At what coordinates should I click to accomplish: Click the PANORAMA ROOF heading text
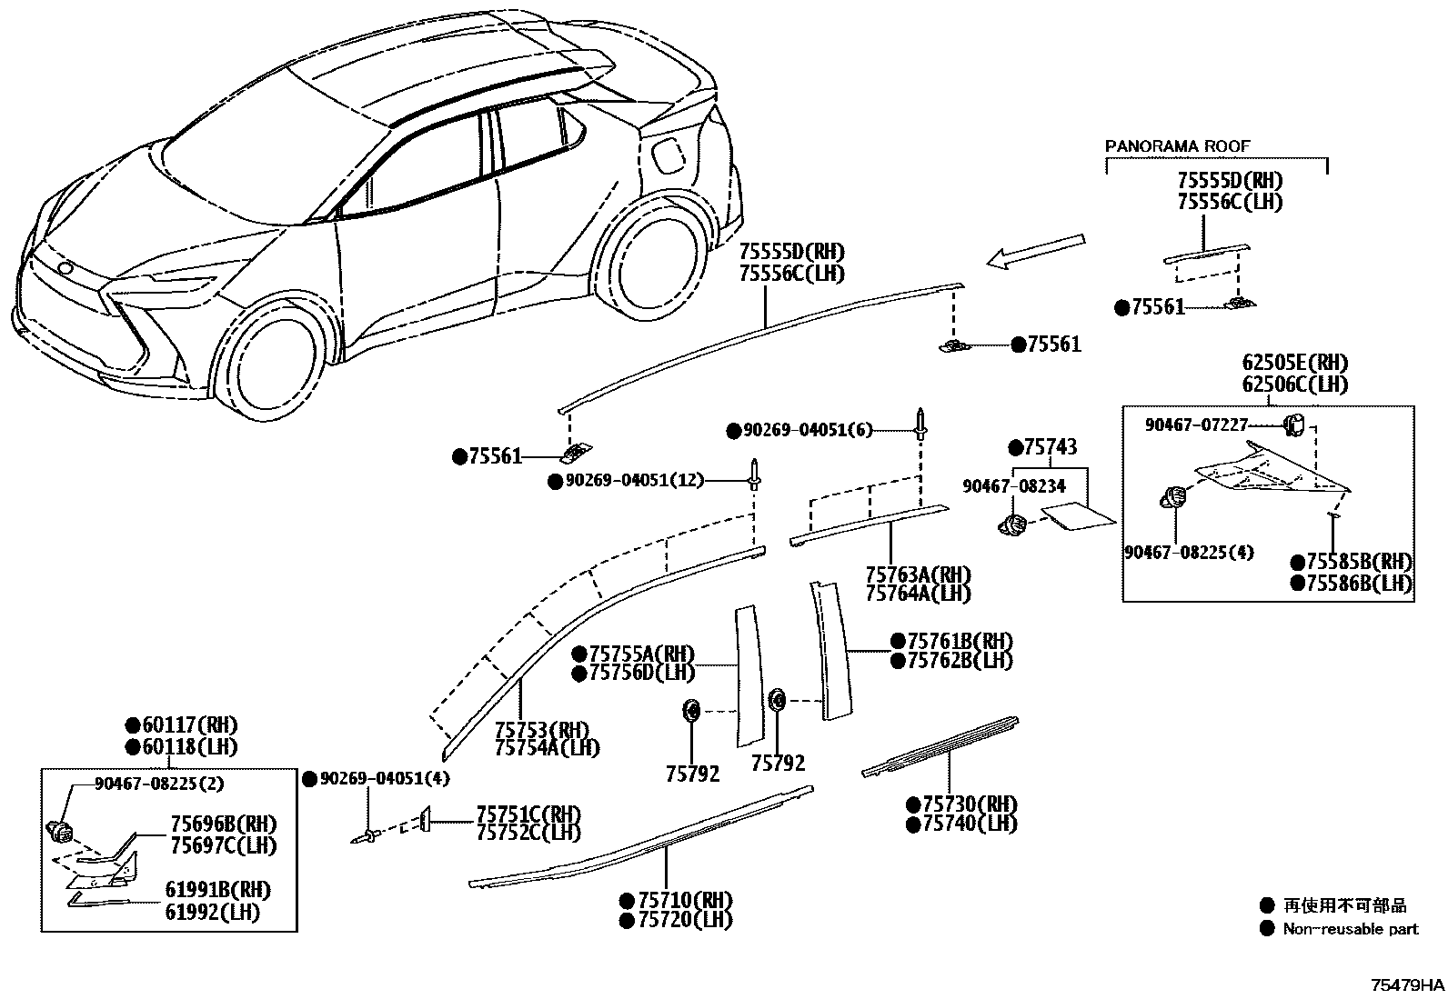(x=1177, y=145)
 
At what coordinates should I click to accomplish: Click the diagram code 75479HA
(x=1408, y=985)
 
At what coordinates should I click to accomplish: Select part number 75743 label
(x=1051, y=447)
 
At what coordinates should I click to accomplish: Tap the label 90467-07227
(x=1197, y=425)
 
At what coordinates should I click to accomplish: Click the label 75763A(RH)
(x=918, y=574)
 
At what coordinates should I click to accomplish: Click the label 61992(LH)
(x=212, y=912)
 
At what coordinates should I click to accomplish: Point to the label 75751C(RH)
(x=528, y=814)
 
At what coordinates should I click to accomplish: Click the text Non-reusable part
(x=1350, y=929)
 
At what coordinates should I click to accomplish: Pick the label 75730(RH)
(x=970, y=804)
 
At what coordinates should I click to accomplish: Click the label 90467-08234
(x=1013, y=487)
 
